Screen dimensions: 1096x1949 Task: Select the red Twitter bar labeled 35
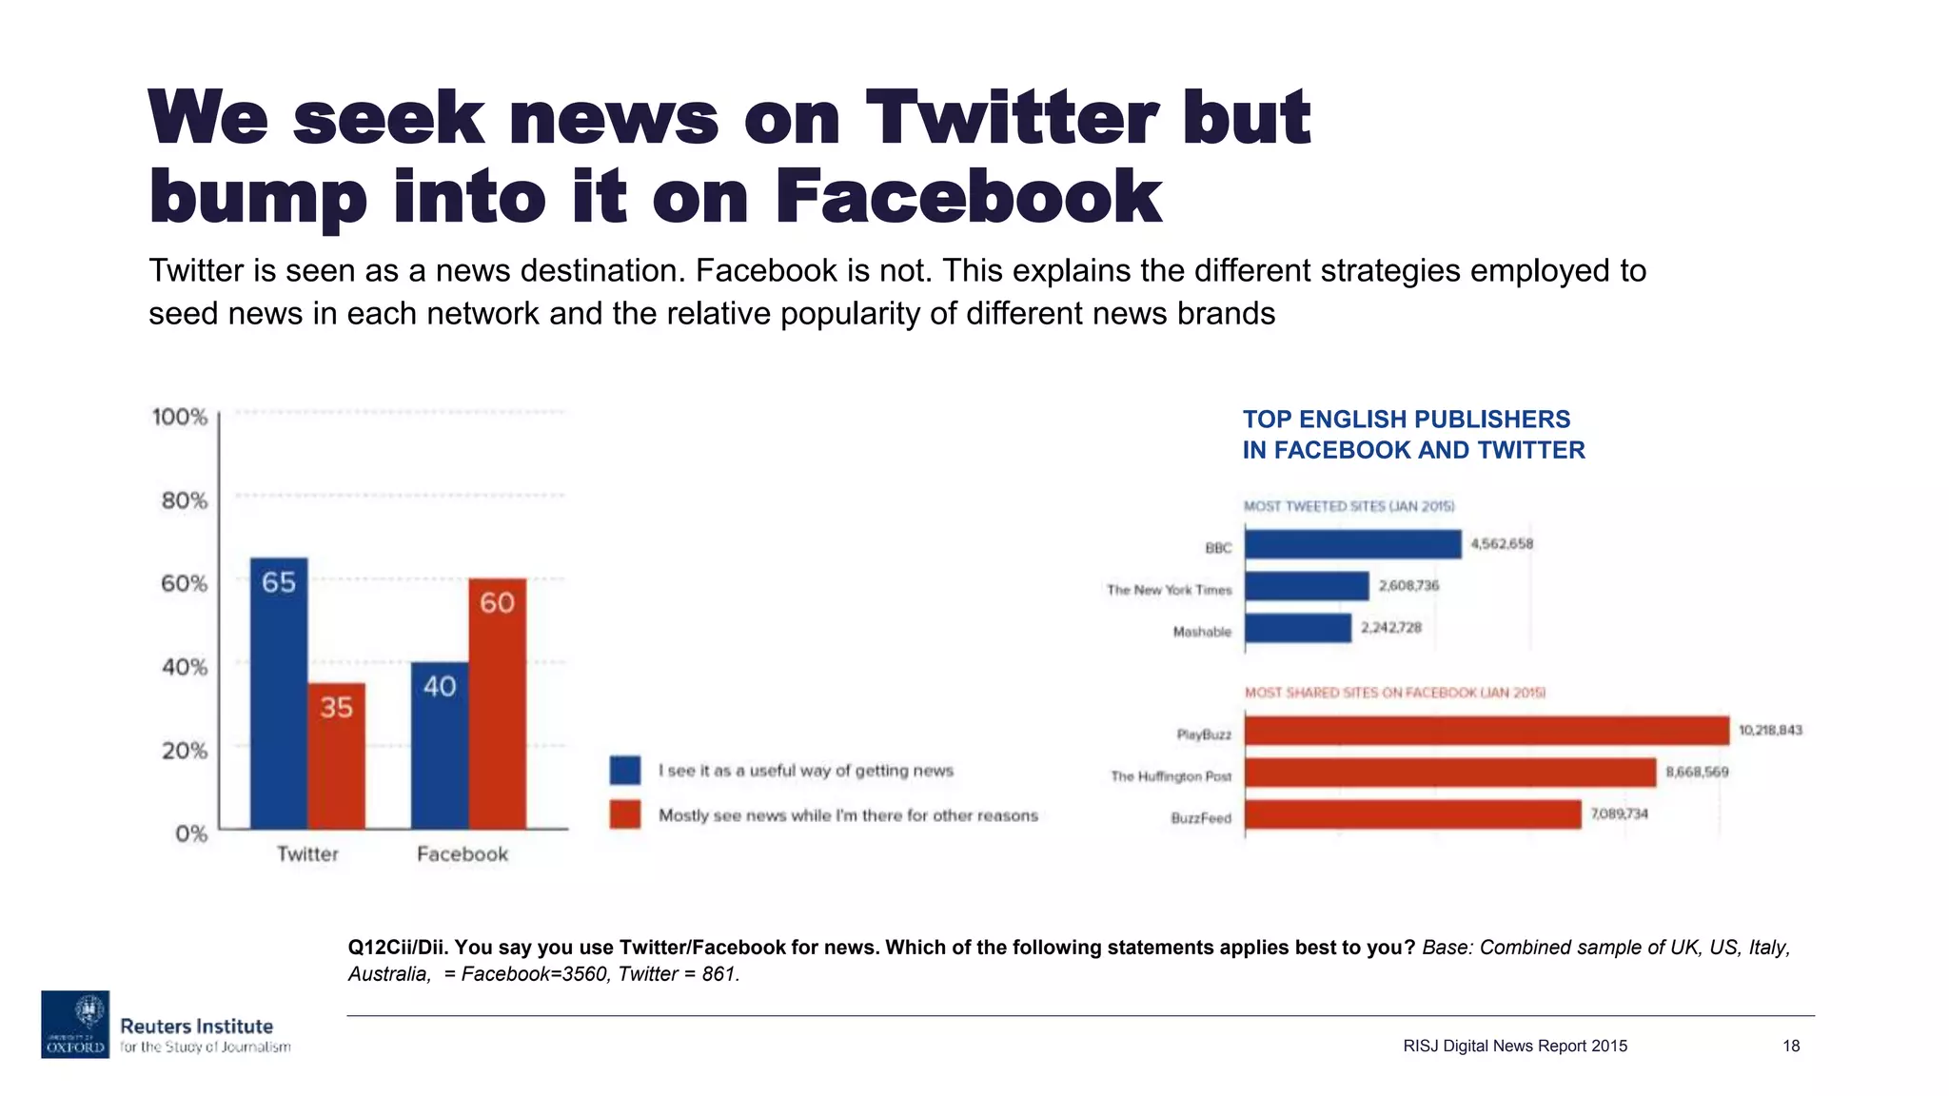pyautogui.click(x=336, y=755)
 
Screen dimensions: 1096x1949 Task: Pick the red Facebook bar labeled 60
pyautogui.click(x=497, y=703)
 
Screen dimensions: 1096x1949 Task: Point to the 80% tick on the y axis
pyautogui.click(x=184, y=500)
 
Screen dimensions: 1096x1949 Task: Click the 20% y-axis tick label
pyautogui.click(x=184, y=751)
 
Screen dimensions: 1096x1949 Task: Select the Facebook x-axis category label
pyautogui.click(x=463, y=854)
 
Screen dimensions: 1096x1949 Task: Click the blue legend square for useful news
pyautogui.click(x=625, y=770)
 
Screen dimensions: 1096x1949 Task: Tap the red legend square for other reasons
pyautogui.click(x=625, y=814)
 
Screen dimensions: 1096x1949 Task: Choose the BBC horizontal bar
pyautogui.click(x=1352, y=544)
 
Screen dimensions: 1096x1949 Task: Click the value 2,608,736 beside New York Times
pyautogui.click(x=1408, y=585)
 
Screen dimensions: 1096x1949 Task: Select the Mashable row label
pyautogui.click(x=1202, y=632)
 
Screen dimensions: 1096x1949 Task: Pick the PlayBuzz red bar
pyautogui.click(x=1486, y=731)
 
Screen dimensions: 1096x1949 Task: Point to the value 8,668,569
pyautogui.click(x=1697, y=772)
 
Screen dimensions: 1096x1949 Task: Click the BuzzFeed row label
pyautogui.click(x=1201, y=818)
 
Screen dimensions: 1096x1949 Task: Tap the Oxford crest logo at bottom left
pyautogui.click(x=75, y=1024)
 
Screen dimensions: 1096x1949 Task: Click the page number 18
pyautogui.click(x=1790, y=1046)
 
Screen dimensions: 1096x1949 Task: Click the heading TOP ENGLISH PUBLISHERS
pyautogui.click(x=1406, y=420)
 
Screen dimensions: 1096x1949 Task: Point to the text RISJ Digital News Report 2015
pyautogui.click(x=1515, y=1046)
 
